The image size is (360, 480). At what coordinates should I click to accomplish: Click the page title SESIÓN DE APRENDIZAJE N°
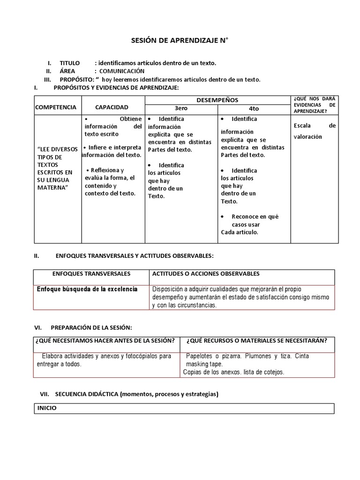tap(180, 41)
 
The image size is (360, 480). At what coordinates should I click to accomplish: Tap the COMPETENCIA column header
tap(55, 107)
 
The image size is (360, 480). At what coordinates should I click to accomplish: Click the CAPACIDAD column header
tap(112, 107)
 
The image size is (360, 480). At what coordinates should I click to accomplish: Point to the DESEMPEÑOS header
tap(217, 100)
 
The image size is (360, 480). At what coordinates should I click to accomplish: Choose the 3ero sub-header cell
tap(180, 108)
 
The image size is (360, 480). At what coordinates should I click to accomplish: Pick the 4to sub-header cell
tap(254, 108)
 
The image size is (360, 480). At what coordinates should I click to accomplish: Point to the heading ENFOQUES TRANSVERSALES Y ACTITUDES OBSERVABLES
tap(134, 256)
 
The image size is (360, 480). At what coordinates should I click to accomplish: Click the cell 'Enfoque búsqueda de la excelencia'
tap(87, 289)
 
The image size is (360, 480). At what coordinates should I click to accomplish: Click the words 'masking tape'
tap(204, 364)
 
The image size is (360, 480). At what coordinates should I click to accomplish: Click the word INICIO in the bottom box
tap(47, 408)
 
